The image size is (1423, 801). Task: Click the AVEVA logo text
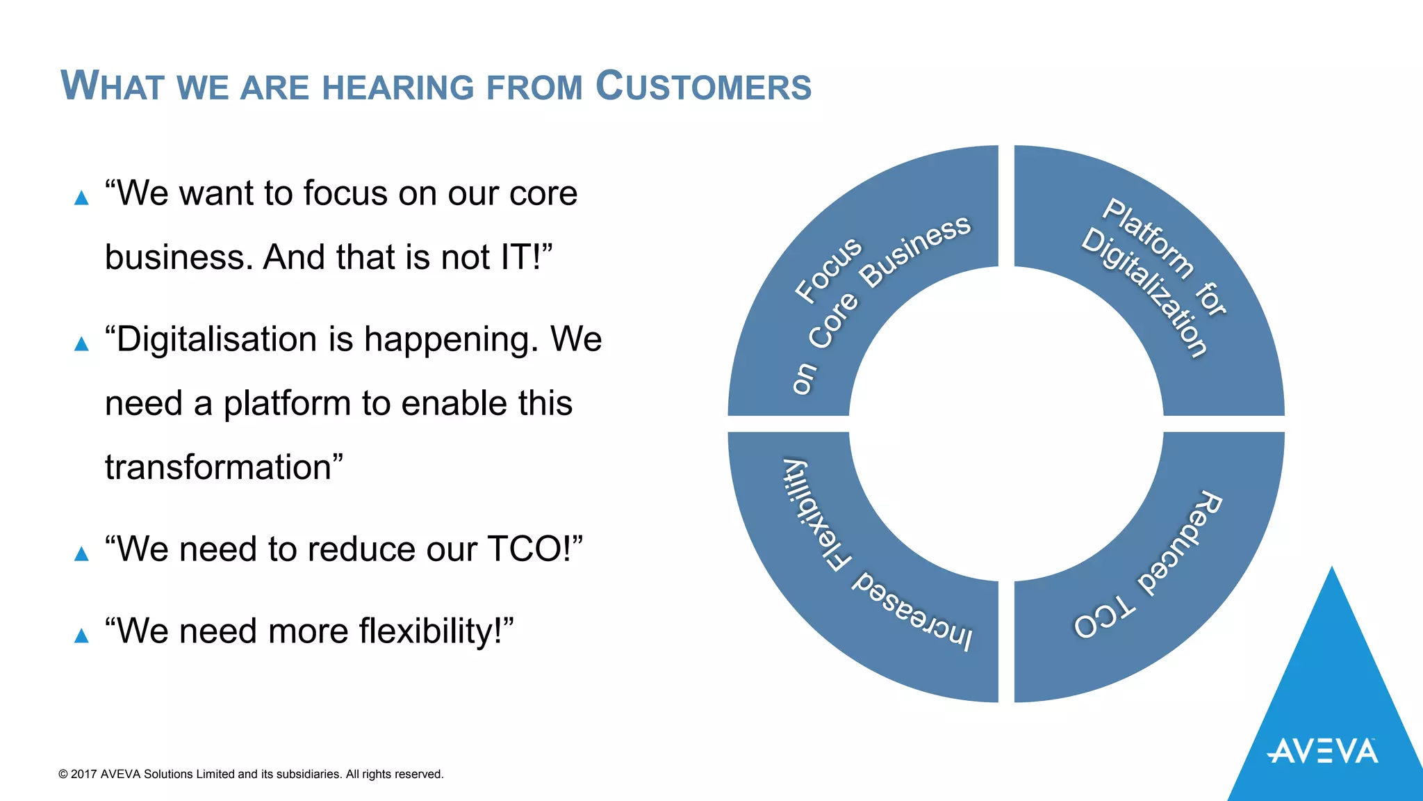point(1322,752)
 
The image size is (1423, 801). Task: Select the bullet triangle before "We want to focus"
point(81,198)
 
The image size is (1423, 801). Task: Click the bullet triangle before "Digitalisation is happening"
point(81,343)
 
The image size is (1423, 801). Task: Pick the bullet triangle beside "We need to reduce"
point(81,553)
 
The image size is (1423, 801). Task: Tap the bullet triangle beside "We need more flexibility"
point(81,636)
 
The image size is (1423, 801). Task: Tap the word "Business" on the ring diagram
point(915,250)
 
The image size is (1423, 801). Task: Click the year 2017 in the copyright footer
point(84,774)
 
